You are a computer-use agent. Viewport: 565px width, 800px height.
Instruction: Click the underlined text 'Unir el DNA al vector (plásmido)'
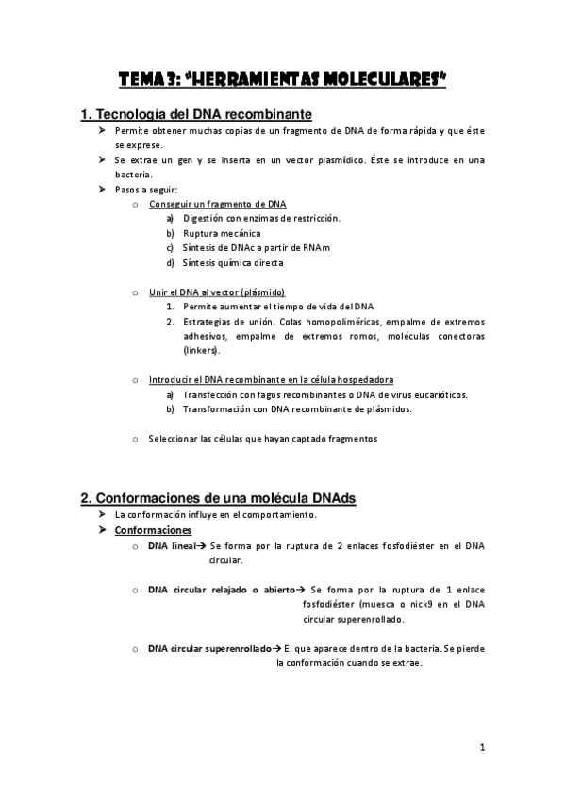click(x=217, y=292)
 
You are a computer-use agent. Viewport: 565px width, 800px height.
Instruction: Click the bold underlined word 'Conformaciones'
click(x=153, y=530)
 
